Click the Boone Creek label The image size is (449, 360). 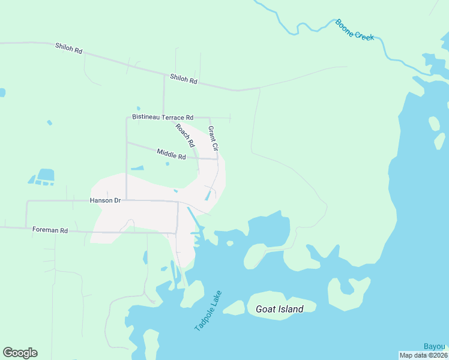[355, 30]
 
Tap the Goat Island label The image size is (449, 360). [279, 309]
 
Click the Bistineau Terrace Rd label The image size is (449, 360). [163, 118]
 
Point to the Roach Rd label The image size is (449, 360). [185, 136]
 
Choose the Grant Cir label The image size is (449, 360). [213, 138]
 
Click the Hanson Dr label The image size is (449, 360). [106, 200]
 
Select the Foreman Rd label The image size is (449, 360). [50, 230]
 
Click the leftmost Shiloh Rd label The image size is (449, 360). [68, 49]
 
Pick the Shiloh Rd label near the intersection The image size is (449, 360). [183, 78]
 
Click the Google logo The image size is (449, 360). [20, 353]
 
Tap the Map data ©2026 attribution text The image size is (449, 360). [423, 355]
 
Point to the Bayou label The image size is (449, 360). [435, 346]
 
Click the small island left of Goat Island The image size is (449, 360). [234, 308]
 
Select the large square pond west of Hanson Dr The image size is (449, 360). [46, 175]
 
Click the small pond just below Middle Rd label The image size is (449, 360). [167, 163]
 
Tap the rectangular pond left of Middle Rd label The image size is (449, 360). [137, 167]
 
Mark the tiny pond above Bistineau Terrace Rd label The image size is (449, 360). [138, 109]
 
